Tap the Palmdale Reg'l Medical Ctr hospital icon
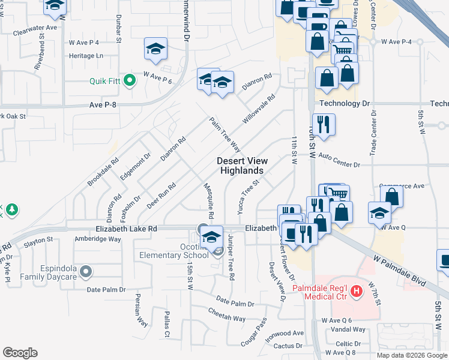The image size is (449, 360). [x=357, y=292]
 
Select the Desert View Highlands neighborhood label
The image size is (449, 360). [x=242, y=166]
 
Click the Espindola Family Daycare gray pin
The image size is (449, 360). [x=86, y=272]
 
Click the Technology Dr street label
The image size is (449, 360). [x=345, y=103]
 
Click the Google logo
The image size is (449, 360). [x=20, y=353]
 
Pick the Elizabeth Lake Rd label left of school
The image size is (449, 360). [x=126, y=229]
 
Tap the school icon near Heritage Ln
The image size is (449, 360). [x=155, y=49]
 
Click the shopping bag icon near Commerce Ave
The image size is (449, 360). [x=391, y=196]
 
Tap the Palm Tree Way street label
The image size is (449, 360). [x=225, y=134]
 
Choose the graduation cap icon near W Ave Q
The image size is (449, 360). [x=379, y=213]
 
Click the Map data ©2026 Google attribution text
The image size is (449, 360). [x=412, y=355]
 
